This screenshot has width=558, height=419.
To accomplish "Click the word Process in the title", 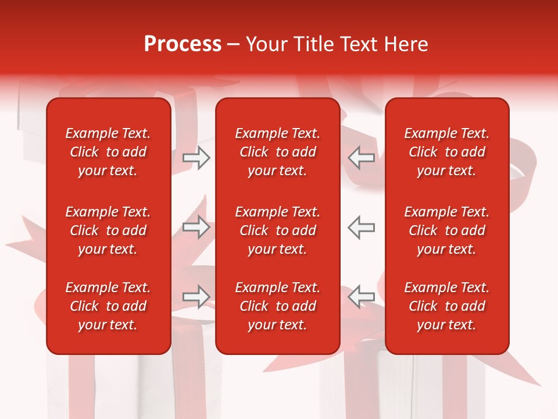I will tap(183, 44).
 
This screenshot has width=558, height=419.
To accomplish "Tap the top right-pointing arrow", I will tap(196, 158).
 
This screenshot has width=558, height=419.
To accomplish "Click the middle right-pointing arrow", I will tap(196, 227).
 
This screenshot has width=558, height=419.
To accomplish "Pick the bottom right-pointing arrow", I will tap(196, 297).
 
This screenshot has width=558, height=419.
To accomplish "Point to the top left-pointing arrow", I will tap(362, 158).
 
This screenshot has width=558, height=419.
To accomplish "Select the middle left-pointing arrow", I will tap(362, 227).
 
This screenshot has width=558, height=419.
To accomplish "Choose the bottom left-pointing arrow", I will tap(362, 297).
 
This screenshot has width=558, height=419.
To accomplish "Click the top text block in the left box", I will tap(108, 152).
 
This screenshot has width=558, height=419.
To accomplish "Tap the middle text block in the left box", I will tap(108, 230).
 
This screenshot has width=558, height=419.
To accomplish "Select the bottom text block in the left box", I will tap(108, 306).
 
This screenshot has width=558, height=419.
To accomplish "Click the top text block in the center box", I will tap(277, 152).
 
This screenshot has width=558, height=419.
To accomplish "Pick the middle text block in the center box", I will tap(277, 230).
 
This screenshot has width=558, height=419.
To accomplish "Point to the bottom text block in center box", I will tap(277, 306).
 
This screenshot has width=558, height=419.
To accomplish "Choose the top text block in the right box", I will tap(446, 152).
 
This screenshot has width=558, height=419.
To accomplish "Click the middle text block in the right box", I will tap(446, 230).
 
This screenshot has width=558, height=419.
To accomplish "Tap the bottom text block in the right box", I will tap(446, 306).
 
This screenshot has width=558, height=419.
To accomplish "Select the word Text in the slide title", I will tap(359, 44).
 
